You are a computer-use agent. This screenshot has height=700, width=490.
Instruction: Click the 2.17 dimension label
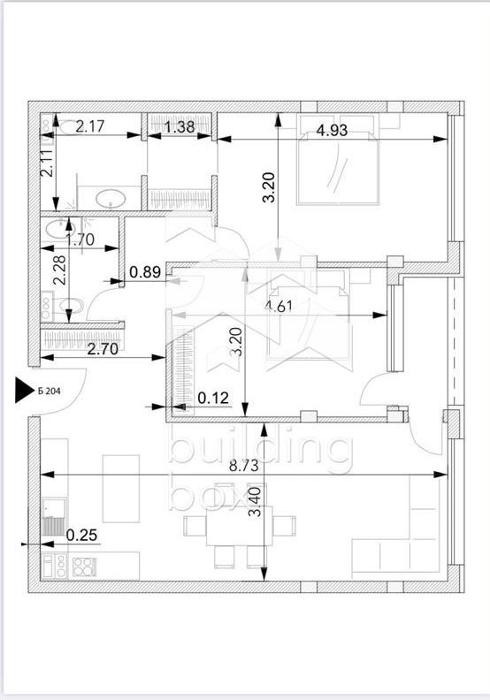point(90,127)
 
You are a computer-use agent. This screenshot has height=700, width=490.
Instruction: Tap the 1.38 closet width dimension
point(180,127)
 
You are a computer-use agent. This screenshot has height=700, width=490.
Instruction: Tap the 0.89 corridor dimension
point(145,273)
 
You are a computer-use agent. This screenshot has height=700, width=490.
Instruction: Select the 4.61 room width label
point(282,308)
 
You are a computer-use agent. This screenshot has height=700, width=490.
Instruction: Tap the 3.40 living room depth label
point(256,502)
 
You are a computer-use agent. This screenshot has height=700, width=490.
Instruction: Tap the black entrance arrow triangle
point(22,390)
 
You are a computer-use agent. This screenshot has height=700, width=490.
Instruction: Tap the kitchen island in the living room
point(121,487)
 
